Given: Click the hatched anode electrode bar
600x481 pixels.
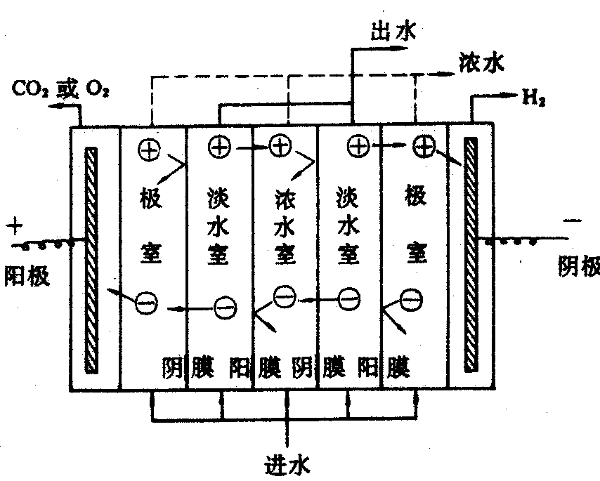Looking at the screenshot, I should coord(90,260).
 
